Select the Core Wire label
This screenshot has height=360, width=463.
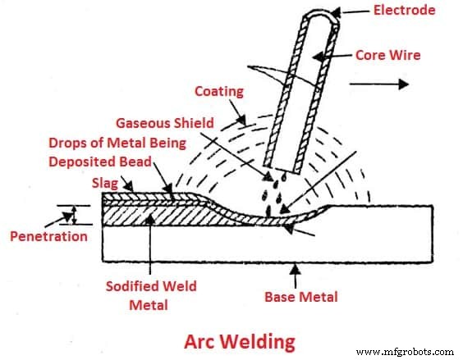[x=388, y=56]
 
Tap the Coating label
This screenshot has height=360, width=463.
[x=219, y=92]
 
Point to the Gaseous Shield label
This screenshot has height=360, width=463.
[x=164, y=123]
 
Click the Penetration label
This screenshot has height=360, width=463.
[x=48, y=236]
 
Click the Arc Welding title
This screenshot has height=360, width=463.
[x=239, y=339]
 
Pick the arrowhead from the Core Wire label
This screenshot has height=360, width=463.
[x=317, y=58]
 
